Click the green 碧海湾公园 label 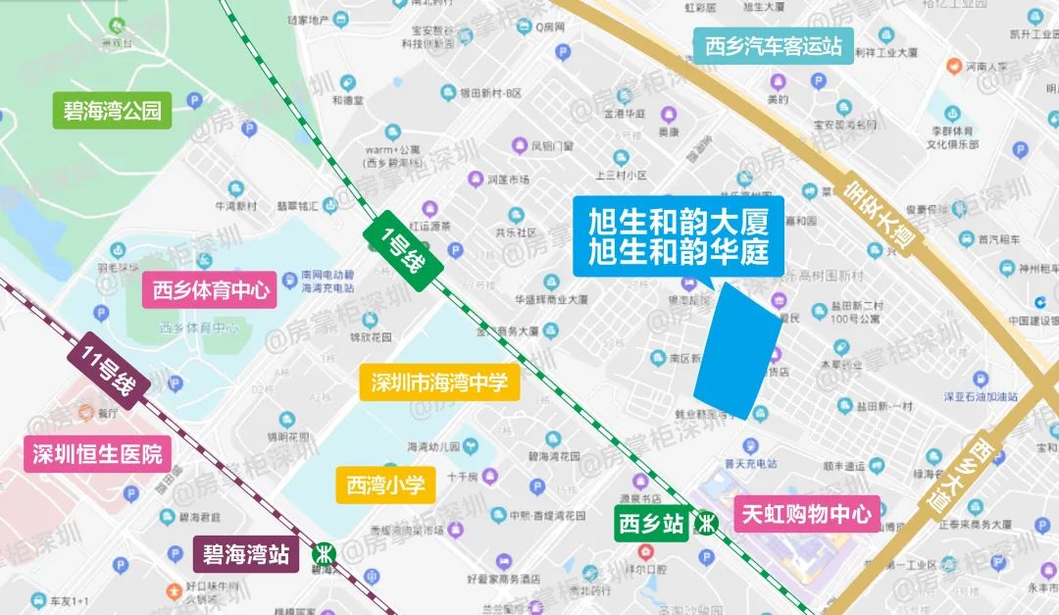pyautogui.click(x=112, y=110)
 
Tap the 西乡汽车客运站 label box pyautogui.click(x=774, y=46)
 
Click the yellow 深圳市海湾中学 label pyautogui.click(x=439, y=383)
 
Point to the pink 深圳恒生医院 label pyautogui.click(x=96, y=454)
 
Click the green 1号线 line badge pyautogui.click(x=404, y=244)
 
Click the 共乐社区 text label pyautogui.click(x=516, y=233)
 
